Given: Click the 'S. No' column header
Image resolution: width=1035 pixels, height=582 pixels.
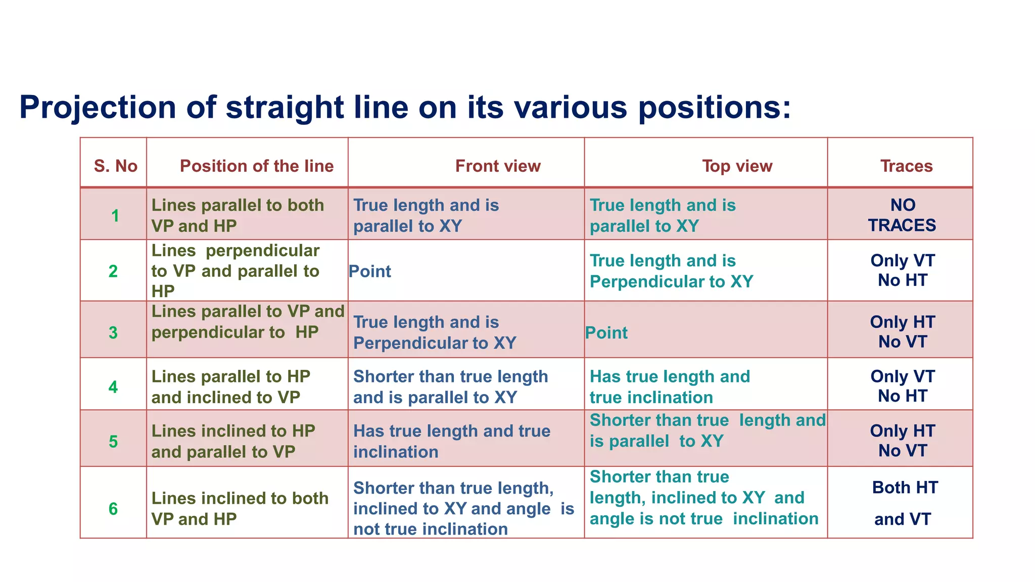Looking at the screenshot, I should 115,166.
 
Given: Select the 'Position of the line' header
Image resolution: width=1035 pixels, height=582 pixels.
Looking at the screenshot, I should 256,166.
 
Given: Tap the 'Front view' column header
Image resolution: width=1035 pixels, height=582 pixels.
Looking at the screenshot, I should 498,166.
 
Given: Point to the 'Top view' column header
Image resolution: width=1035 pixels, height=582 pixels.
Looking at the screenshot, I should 737,166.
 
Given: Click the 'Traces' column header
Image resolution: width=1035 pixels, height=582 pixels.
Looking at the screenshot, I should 906,166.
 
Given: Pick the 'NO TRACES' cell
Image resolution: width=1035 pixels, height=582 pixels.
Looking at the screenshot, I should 902,215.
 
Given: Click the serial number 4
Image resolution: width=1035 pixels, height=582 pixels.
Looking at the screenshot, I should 113,387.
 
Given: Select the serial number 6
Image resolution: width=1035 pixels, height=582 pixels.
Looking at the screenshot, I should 113,509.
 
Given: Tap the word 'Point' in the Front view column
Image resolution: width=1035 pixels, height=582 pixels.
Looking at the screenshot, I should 370,272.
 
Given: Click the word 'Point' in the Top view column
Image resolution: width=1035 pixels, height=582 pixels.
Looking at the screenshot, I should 606,333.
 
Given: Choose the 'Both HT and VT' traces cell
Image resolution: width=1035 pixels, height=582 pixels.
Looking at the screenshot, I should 904,503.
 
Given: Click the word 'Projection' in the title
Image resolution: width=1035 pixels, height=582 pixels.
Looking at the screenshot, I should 98,107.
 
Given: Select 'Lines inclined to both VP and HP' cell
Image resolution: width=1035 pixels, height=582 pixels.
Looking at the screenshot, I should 240,509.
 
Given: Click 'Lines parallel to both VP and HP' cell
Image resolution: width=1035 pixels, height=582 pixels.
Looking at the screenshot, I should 238,216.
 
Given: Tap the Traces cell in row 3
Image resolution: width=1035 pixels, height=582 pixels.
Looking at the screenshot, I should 903,332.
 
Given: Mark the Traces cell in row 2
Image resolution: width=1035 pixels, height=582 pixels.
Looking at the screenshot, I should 903,270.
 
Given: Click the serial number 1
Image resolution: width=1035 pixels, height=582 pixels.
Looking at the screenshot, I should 115,216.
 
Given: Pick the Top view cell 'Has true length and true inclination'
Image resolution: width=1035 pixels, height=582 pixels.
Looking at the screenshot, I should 670,387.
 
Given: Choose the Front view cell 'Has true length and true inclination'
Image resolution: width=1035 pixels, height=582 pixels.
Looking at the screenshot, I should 451,441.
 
